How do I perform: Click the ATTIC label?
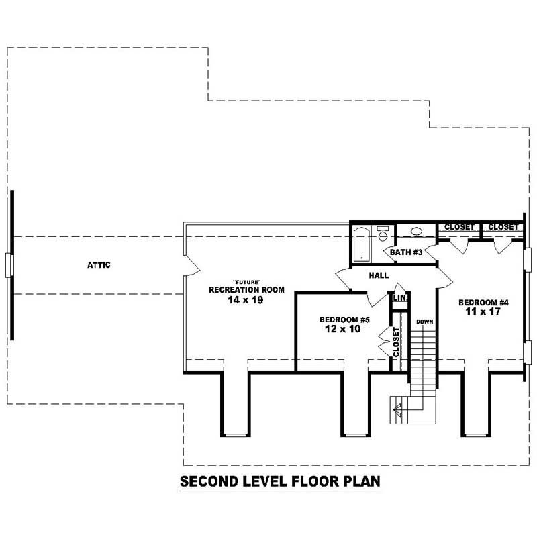(x=98, y=265)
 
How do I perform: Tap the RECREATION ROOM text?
(x=246, y=290)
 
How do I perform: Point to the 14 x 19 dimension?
(x=246, y=301)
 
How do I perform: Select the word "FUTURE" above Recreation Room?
(x=246, y=281)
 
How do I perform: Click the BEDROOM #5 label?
(x=344, y=320)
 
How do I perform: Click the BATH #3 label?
(x=406, y=252)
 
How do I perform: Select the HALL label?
(x=379, y=275)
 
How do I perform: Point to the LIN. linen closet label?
(x=399, y=298)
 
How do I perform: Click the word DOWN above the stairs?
(x=424, y=322)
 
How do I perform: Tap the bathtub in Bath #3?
(x=360, y=244)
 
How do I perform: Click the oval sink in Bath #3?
(x=416, y=232)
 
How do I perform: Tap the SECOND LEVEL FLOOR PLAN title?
(x=280, y=481)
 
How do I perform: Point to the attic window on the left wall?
(x=9, y=265)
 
